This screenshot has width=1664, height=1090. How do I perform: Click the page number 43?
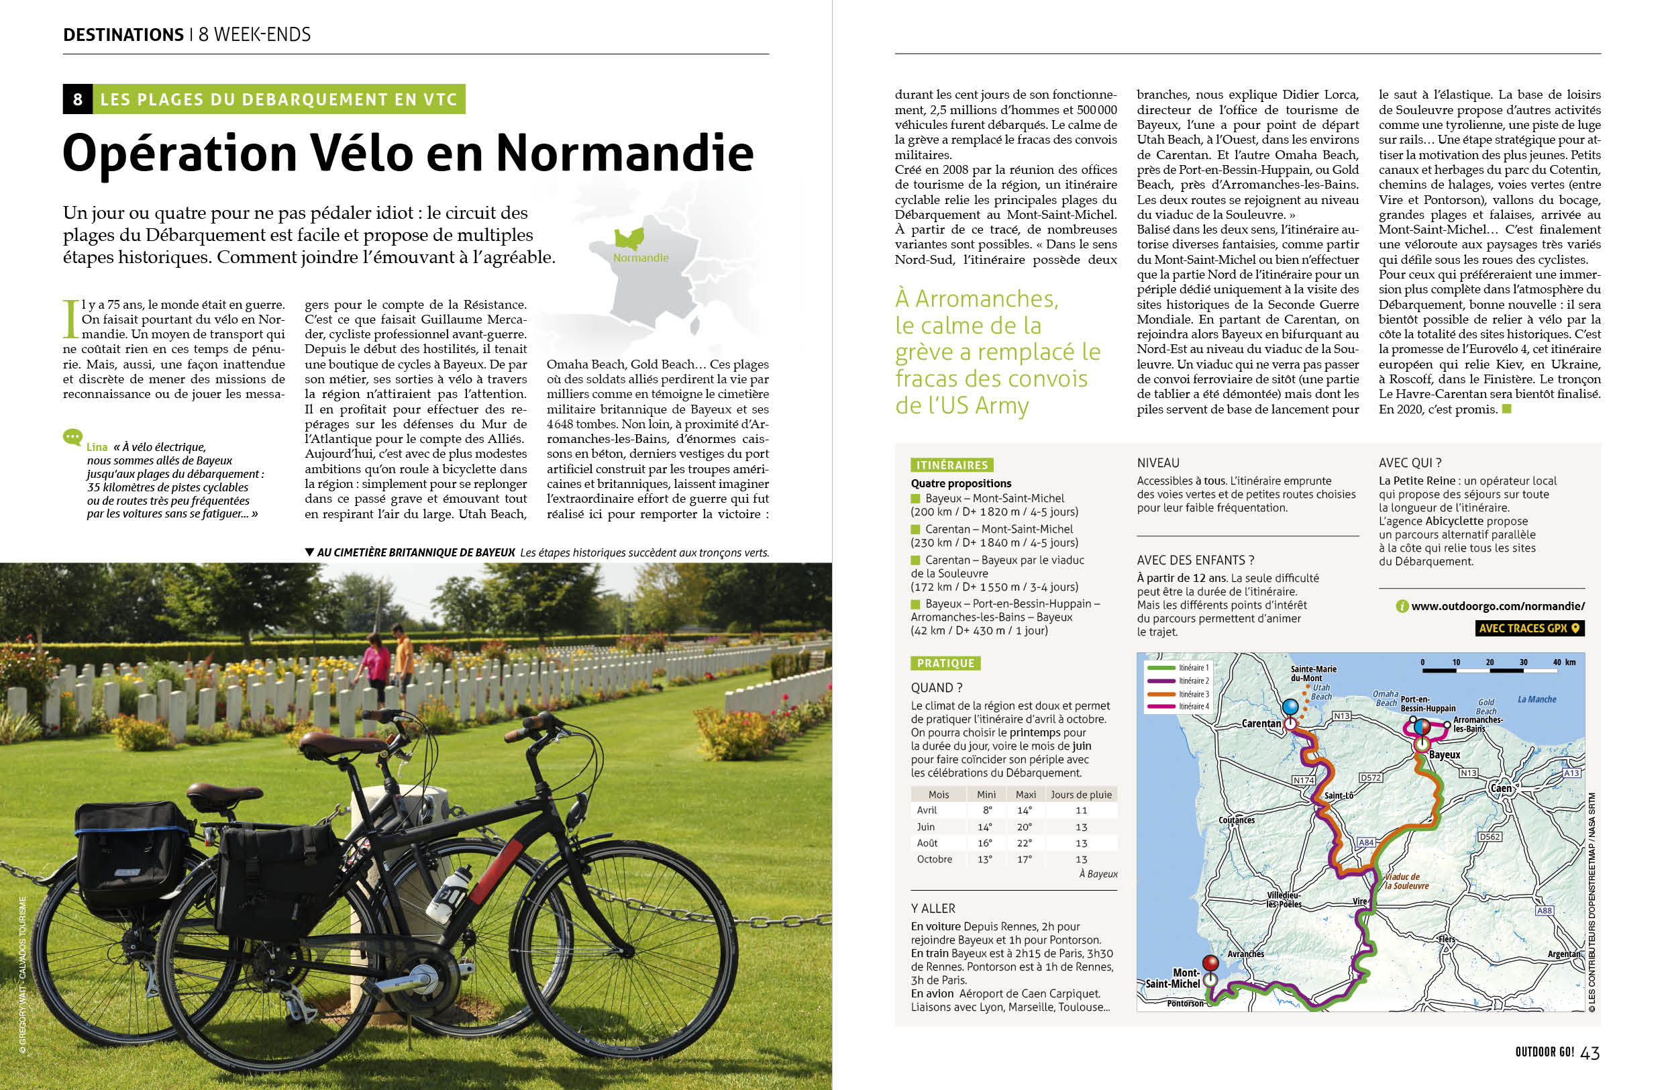click(x=1590, y=1052)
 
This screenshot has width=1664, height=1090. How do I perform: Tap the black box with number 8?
click(x=78, y=99)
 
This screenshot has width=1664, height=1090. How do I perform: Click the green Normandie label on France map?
click(x=640, y=257)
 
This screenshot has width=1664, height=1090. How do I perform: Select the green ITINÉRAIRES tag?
click(x=951, y=465)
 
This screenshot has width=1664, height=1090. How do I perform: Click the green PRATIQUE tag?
click(x=945, y=663)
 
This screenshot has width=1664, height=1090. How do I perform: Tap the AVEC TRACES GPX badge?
click(x=1529, y=628)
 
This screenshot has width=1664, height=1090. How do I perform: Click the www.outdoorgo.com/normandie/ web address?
click(x=1498, y=606)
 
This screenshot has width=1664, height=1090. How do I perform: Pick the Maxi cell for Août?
click(x=1025, y=843)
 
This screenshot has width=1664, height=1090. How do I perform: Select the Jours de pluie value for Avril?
click(x=1081, y=810)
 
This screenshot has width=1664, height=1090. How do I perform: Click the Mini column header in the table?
click(x=986, y=794)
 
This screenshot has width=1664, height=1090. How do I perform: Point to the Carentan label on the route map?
click(x=1261, y=724)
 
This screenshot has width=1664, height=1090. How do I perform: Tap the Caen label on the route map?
click(x=1501, y=788)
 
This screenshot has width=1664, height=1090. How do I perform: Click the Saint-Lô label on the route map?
click(x=1339, y=795)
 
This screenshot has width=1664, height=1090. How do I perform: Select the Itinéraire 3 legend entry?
click(x=1194, y=693)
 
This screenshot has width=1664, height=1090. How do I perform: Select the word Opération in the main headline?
click(x=180, y=153)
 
